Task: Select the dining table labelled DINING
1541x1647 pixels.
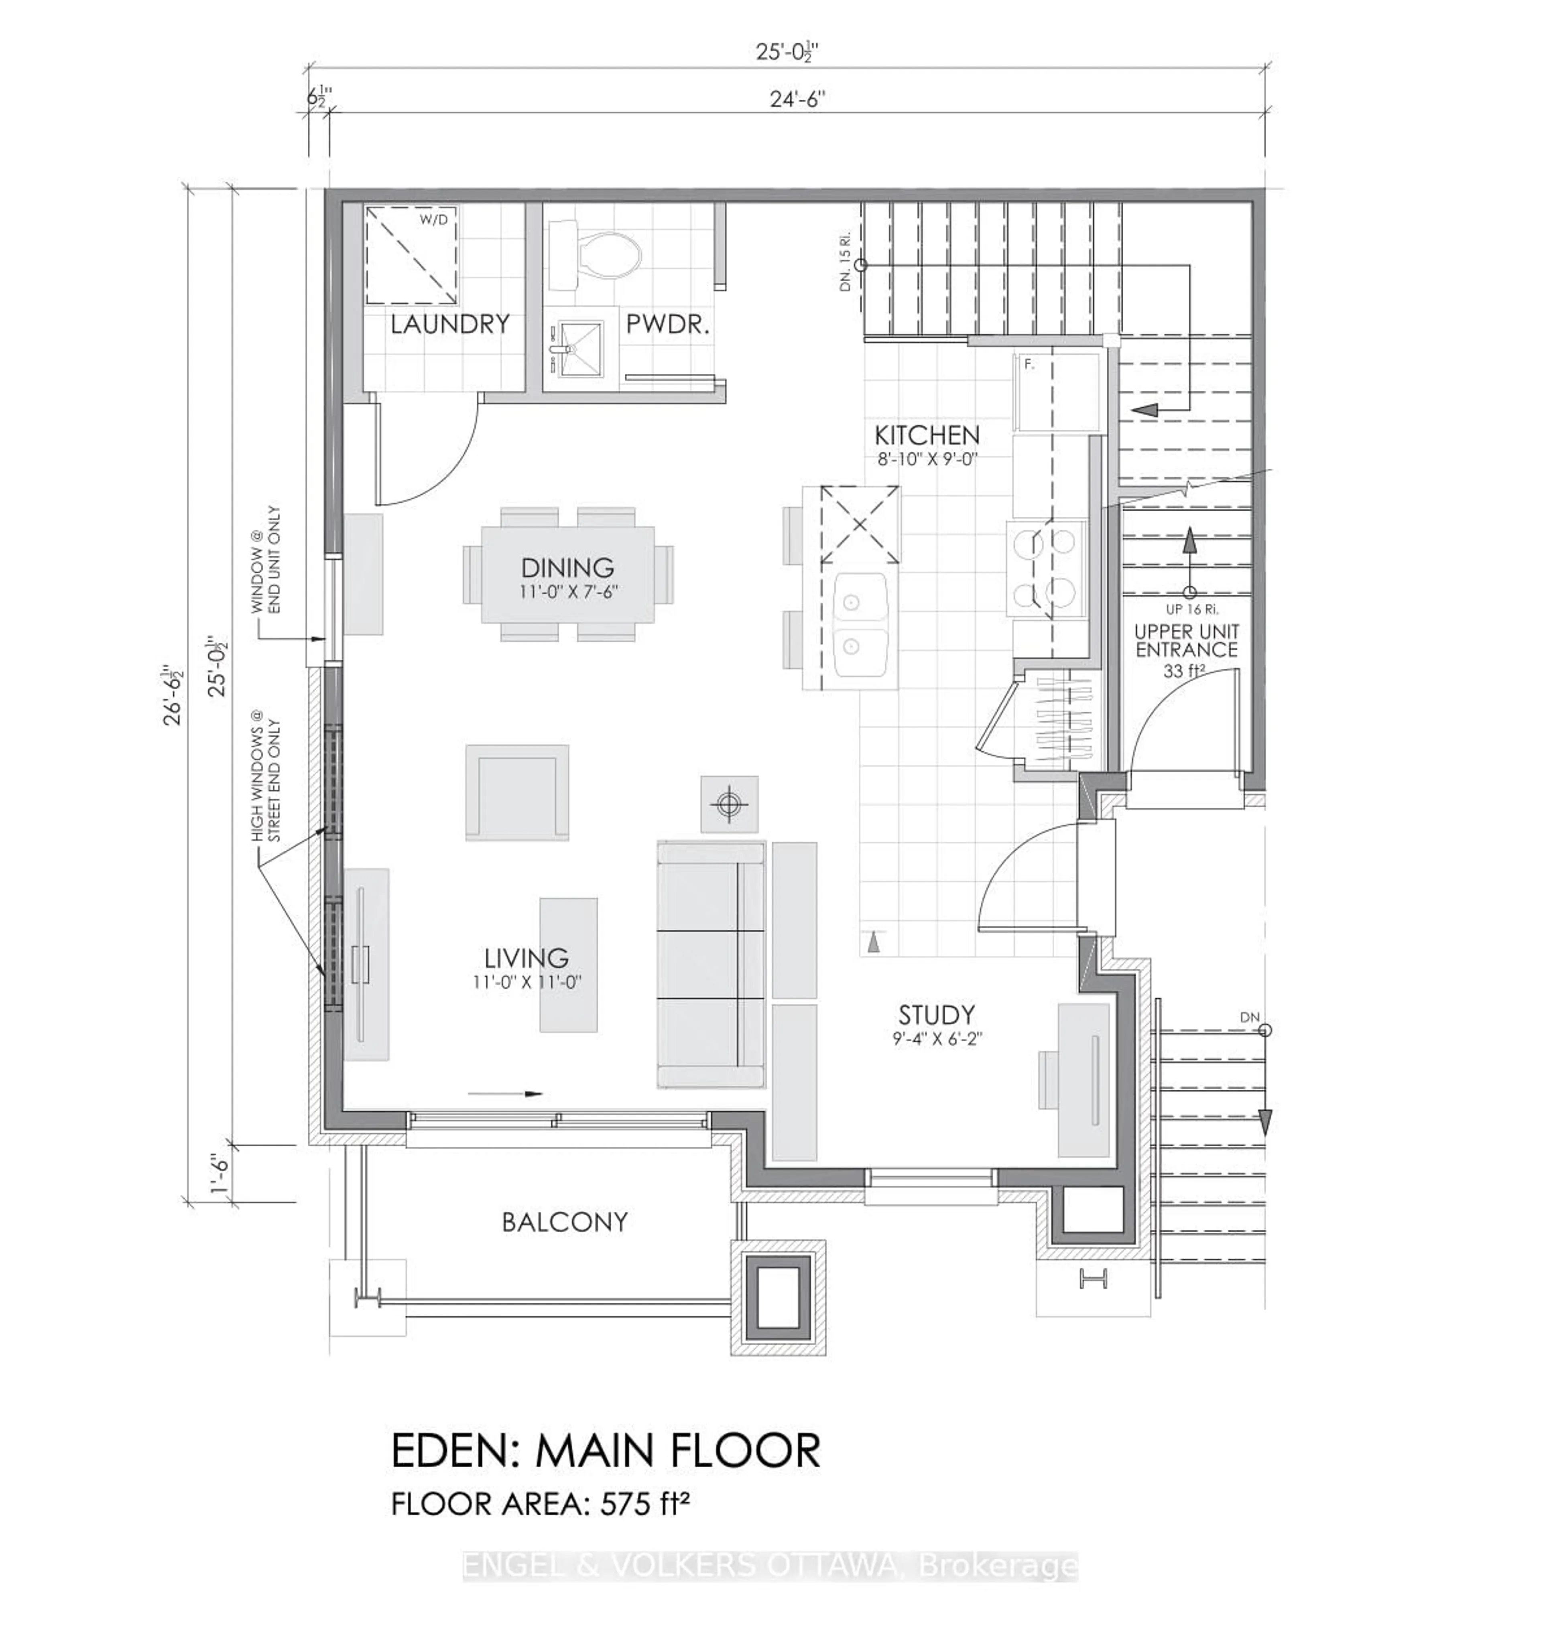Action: (x=567, y=574)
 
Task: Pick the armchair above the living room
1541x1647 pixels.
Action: (x=517, y=792)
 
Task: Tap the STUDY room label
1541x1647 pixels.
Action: (x=936, y=1015)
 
